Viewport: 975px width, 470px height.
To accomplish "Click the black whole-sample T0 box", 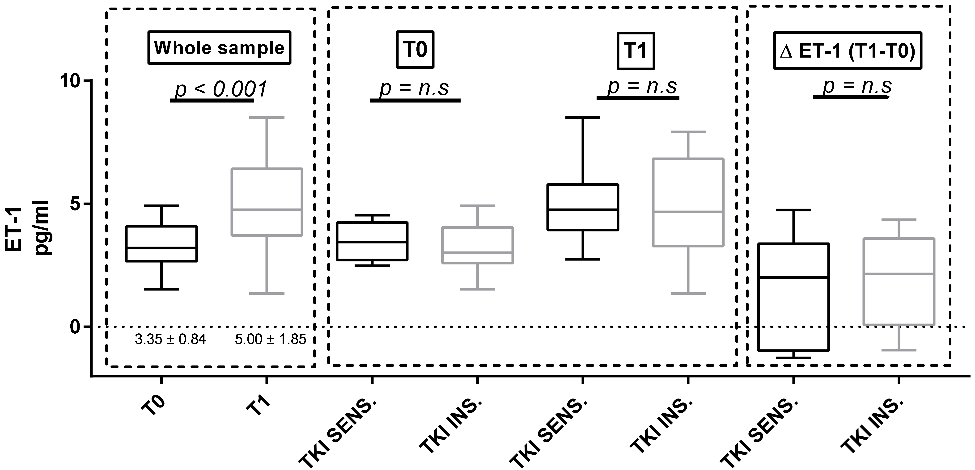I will (162, 244).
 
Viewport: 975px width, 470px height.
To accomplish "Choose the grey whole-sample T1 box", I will (267, 202).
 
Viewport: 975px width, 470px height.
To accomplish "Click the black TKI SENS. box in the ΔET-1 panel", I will (793, 297).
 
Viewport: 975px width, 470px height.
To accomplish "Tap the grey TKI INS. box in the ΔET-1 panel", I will (899, 281).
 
